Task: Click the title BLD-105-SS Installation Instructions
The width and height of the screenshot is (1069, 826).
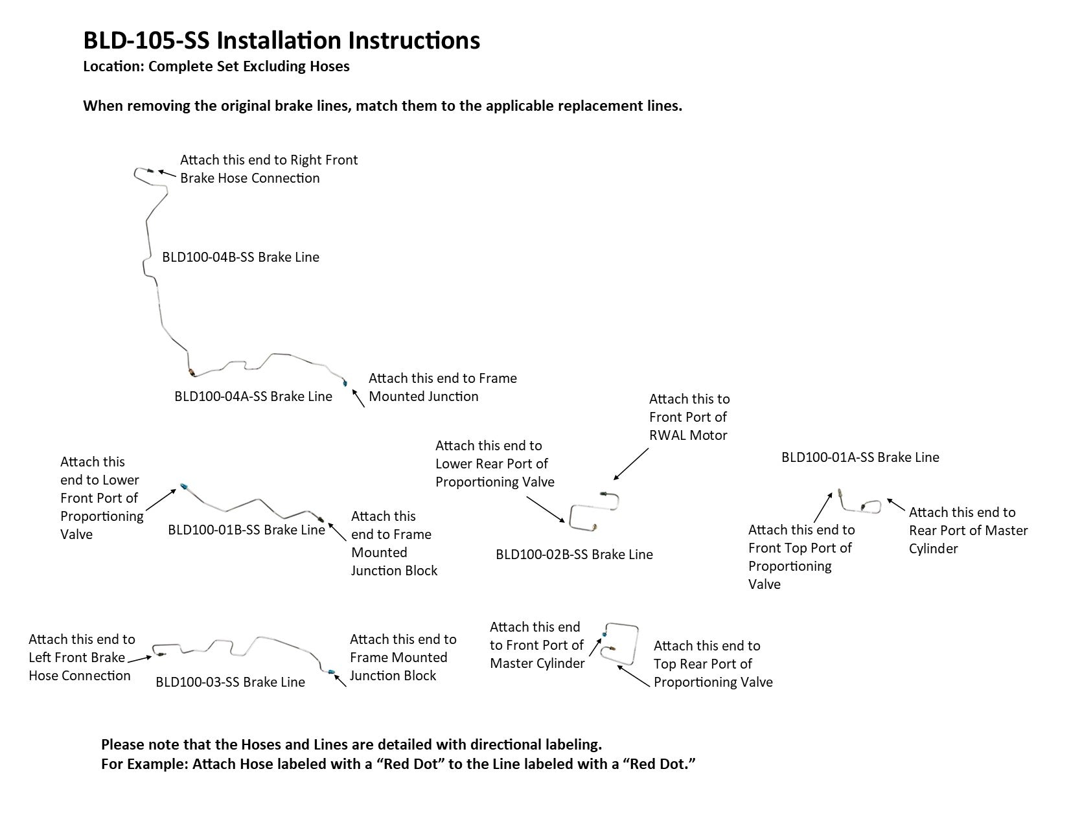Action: click(x=281, y=40)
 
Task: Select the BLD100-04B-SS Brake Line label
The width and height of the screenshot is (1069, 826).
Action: click(x=240, y=257)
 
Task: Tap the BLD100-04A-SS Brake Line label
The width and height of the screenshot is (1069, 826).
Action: click(x=253, y=396)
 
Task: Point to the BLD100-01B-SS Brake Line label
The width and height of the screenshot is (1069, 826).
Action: click(x=246, y=530)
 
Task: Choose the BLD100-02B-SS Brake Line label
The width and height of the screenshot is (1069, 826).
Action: click(x=574, y=555)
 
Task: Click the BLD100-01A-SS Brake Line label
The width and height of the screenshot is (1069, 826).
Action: click(x=860, y=457)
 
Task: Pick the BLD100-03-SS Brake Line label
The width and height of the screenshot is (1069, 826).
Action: click(x=230, y=682)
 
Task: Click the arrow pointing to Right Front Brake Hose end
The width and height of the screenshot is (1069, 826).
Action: click(x=167, y=174)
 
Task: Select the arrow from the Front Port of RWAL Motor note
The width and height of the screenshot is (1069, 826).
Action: click(x=630, y=464)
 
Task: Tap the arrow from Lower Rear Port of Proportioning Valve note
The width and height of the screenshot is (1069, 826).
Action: click(x=545, y=509)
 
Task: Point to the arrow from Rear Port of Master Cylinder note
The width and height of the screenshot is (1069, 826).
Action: click(x=896, y=504)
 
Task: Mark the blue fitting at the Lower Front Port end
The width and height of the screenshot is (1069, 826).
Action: click(x=185, y=485)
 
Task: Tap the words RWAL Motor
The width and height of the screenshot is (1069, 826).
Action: click(x=688, y=435)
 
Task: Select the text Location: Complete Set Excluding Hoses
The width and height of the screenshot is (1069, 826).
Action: click(x=216, y=67)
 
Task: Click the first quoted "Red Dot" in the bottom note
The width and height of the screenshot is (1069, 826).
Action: click(x=404, y=764)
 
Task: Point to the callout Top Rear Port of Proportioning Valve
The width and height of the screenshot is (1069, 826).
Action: click(x=713, y=664)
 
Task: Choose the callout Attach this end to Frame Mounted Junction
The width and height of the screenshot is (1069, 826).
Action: click(x=443, y=387)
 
